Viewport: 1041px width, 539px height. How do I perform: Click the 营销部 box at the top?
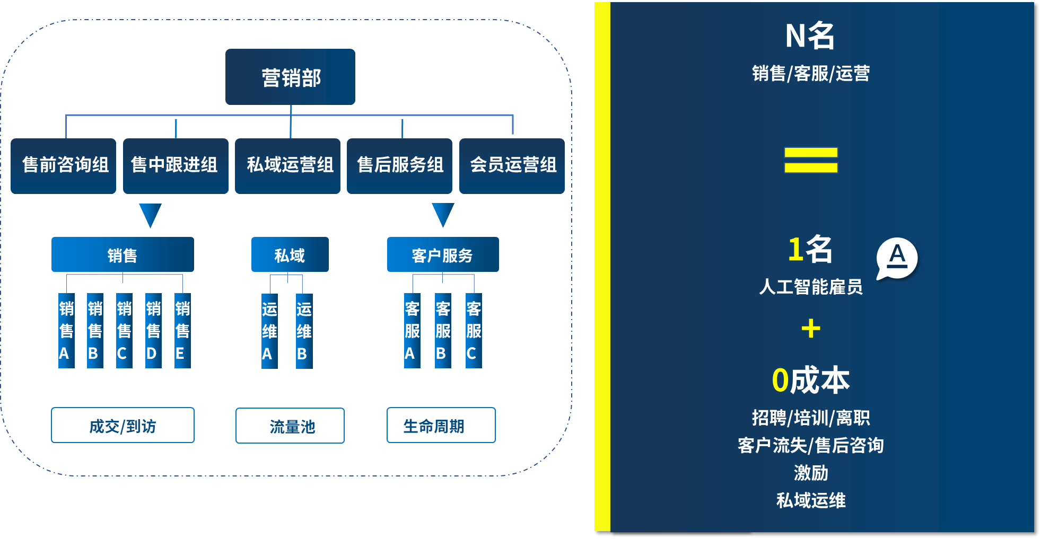click(x=290, y=77)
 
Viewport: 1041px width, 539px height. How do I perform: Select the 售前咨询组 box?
click(x=64, y=165)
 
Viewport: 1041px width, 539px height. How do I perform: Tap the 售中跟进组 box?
click(x=176, y=165)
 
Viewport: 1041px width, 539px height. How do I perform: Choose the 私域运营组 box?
click(x=287, y=165)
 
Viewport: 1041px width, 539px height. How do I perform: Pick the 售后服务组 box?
click(x=399, y=165)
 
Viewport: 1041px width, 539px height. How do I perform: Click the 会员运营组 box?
click(x=512, y=165)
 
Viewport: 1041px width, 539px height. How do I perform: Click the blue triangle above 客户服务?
click(x=443, y=214)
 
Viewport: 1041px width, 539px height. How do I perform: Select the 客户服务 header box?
click(x=443, y=255)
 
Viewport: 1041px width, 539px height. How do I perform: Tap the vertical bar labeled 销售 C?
click(x=124, y=331)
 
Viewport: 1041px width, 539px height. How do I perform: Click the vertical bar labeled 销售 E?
click(x=182, y=331)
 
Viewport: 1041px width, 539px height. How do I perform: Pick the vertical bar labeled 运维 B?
click(x=304, y=331)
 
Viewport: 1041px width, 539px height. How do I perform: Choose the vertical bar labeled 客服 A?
click(x=412, y=331)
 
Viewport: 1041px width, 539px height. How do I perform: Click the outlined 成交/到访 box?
click(x=123, y=425)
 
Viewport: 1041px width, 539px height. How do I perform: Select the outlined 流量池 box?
click(x=290, y=426)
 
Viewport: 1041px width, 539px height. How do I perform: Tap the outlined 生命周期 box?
click(x=441, y=425)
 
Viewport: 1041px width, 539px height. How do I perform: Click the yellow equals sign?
click(x=811, y=160)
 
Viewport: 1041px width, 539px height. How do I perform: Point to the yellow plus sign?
click(x=811, y=329)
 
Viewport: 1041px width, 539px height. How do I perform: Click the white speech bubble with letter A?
click(x=897, y=258)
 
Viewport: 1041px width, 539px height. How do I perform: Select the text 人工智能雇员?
click(x=811, y=287)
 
